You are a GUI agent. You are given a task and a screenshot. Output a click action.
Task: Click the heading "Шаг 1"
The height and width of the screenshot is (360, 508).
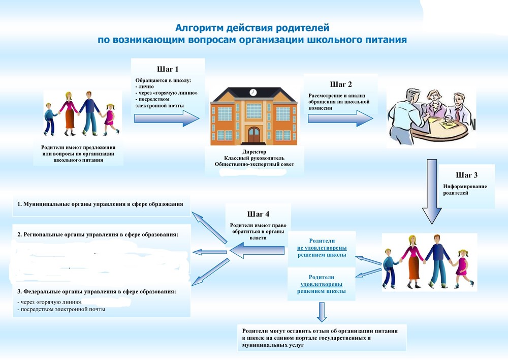click(168, 69)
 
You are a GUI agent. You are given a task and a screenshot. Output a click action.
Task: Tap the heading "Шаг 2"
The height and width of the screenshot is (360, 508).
click(341, 84)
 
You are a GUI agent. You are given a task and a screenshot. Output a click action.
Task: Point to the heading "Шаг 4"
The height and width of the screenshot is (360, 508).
click(259, 214)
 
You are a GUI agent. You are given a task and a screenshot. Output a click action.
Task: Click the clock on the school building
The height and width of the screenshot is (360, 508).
click(253, 92)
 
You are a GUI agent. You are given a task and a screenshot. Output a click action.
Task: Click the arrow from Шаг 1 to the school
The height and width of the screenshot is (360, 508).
click(167, 118)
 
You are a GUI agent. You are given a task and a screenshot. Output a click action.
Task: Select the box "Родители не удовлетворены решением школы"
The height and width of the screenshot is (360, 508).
click(322, 248)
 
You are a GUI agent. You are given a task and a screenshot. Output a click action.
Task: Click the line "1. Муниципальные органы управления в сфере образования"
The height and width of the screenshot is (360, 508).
click(100, 204)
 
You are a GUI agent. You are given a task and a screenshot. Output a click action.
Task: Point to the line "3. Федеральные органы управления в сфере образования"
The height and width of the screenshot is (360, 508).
click(97, 292)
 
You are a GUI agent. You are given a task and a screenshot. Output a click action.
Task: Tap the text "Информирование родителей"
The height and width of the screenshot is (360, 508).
click(465, 190)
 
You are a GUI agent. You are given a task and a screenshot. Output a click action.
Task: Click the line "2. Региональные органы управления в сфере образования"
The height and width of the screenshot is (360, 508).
click(98, 234)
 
